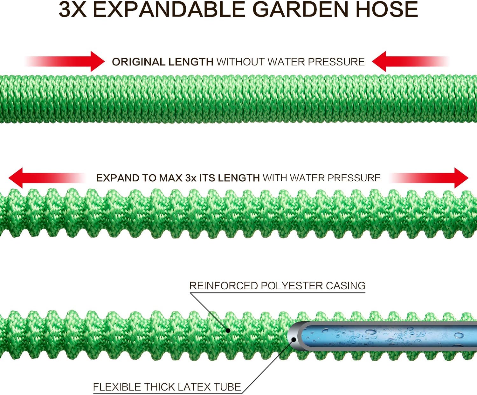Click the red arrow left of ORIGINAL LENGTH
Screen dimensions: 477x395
(x=92, y=61)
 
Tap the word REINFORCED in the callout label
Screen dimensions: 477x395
(x=224, y=286)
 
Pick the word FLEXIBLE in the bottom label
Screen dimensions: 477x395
(x=117, y=387)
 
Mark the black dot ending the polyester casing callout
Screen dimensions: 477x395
(x=228, y=331)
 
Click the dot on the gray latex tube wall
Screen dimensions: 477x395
(x=294, y=339)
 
